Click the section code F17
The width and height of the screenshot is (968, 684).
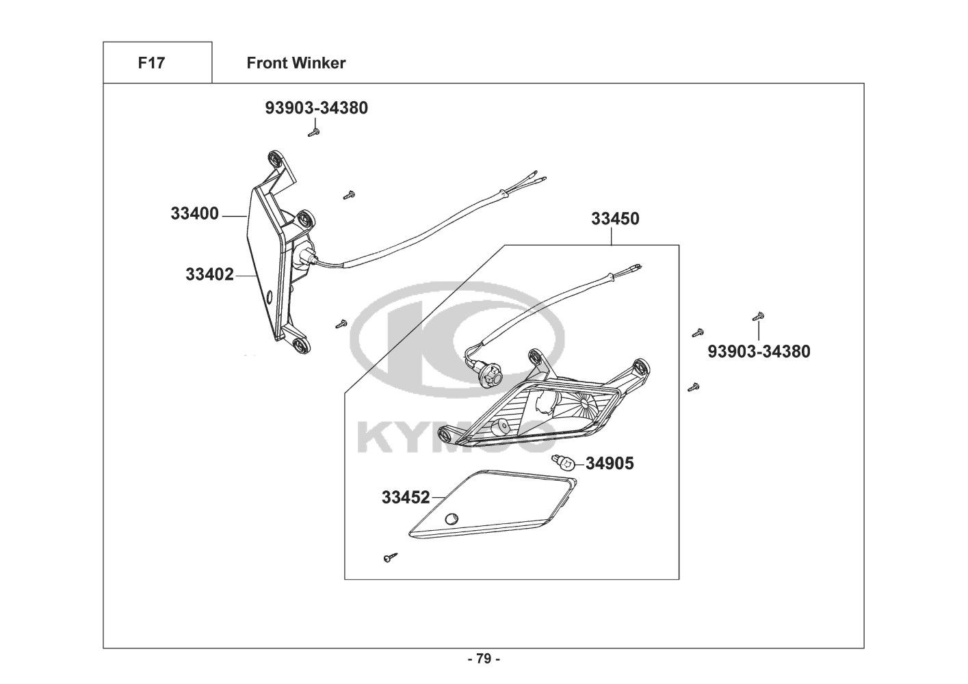151,63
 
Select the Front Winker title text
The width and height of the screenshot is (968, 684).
296,63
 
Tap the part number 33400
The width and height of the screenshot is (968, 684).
194,214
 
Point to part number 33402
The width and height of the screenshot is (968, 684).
209,275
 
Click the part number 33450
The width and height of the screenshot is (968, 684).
615,219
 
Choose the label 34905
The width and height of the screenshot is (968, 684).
610,464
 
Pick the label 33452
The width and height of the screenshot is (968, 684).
406,497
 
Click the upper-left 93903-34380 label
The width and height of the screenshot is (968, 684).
316,107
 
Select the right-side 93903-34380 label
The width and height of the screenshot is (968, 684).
759,352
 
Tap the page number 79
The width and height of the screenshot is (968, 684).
484,659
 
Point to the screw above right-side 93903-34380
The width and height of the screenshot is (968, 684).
759,317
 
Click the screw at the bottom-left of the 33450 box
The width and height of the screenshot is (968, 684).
389,559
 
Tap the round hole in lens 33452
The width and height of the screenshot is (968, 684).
451,519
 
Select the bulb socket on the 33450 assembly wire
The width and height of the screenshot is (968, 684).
493,373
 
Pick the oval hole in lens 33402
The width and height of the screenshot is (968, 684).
267,298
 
